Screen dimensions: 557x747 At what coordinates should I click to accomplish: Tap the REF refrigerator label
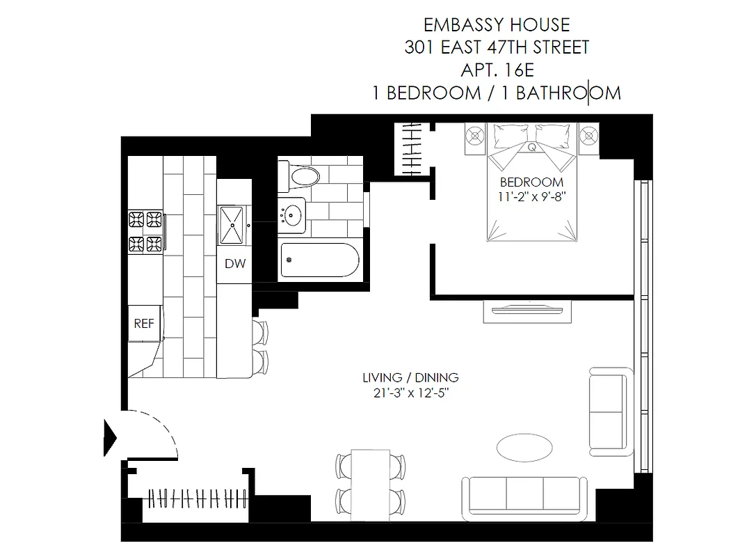[x=144, y=324]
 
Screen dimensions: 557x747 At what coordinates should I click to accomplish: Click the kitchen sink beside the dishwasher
[x=232, y=224]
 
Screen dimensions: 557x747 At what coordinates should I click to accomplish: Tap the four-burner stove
[x=145, y=232]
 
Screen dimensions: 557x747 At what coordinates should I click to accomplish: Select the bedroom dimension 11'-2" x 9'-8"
[x=528, y=196]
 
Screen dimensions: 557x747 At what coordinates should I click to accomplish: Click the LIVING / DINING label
[x=410, y=378]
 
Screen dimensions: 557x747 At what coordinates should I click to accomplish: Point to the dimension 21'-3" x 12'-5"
[x=410, y=393]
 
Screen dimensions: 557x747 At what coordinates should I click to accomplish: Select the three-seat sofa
[x=524, y=494]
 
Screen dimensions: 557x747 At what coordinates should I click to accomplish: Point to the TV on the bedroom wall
[x=528, y=310]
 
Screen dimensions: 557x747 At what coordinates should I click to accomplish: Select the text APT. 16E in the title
[x=497, y=70]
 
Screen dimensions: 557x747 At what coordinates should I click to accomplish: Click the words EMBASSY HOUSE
[x=497, y=26]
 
